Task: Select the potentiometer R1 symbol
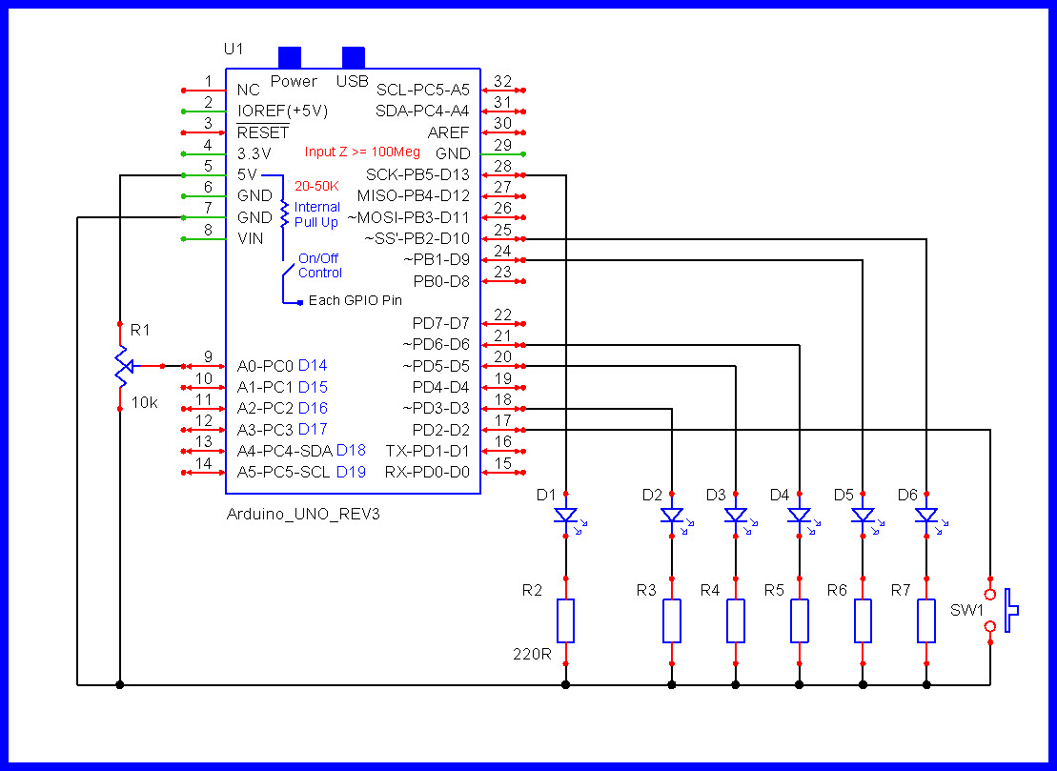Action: click(x=121, y=367)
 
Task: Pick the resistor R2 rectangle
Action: click(x=565, y=620)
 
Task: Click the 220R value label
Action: click(x=532, y=654)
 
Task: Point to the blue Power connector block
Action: click(x=290, y=57)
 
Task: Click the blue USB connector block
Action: click(x=354, y=57)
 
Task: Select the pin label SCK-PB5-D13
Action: click(x=417, y=174)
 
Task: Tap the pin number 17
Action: click(x=503, y=420)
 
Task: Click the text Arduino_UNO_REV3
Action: click(x=303, y=515)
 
